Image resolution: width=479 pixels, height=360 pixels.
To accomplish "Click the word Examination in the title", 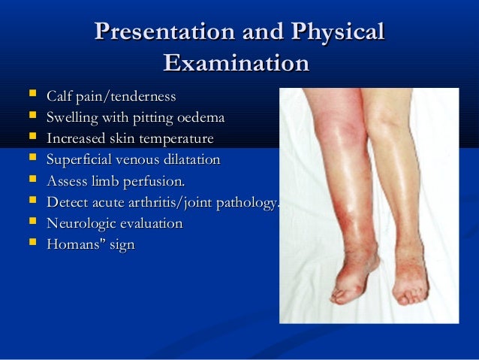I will pyautogui.click(x=236, y=63).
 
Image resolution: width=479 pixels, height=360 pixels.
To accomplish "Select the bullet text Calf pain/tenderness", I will pyautogui.click(x=111, y=97).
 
